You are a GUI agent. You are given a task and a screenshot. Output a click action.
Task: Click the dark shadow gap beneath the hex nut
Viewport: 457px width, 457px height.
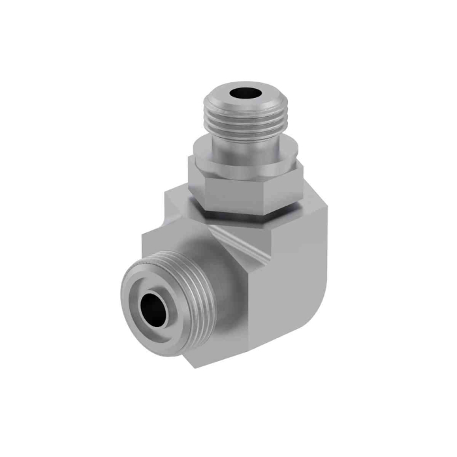point(248,213)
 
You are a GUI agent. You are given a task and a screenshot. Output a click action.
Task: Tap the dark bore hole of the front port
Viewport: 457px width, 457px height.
point(155,307)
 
